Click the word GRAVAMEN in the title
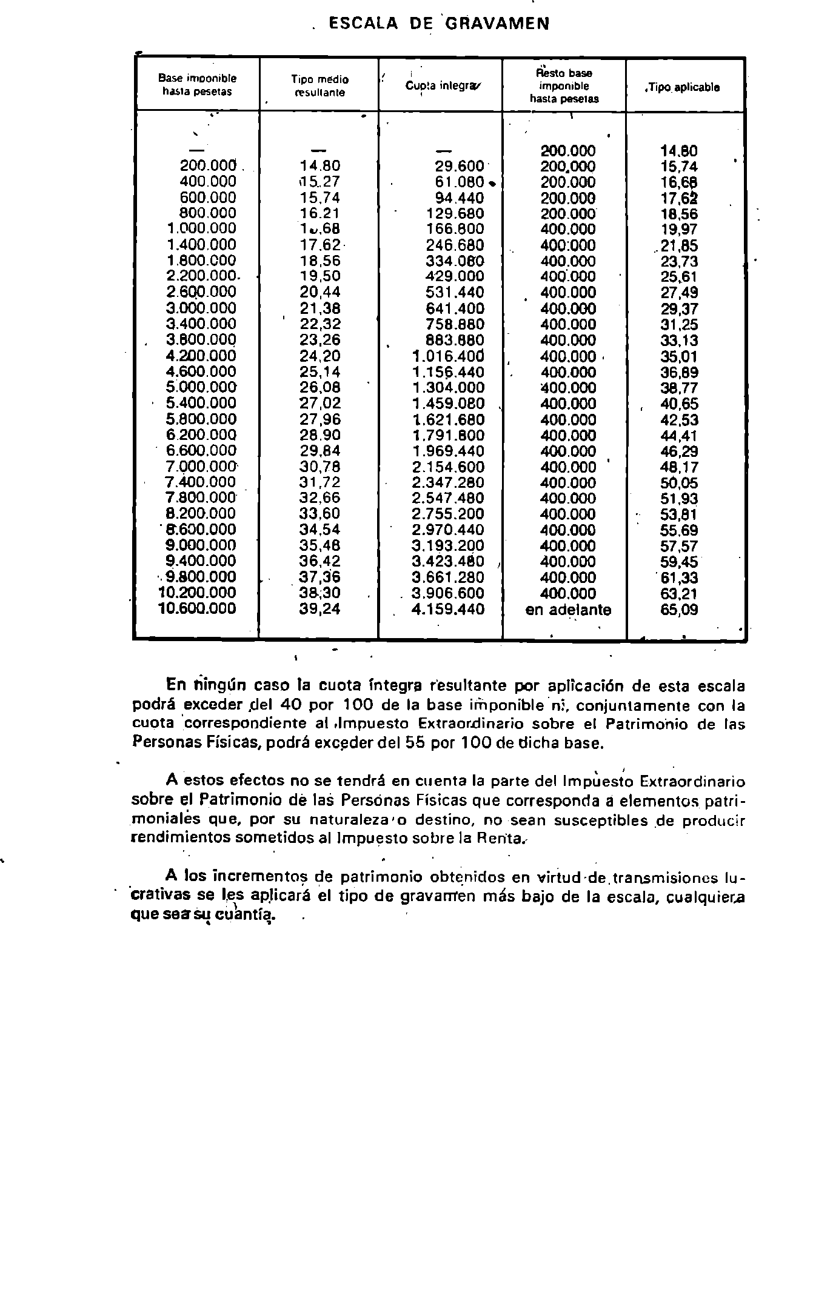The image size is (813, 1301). click(x=498, y=23)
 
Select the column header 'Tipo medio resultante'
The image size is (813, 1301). click(x=320, y=85)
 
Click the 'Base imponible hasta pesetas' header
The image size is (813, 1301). click(x=197, y=85)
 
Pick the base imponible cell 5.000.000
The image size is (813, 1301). click(x=201, y=387)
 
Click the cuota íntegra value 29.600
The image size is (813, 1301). click(x=460, y=166)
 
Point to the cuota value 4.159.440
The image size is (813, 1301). click(x=448, y=609)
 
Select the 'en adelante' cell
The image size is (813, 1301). click(x=568, y=610)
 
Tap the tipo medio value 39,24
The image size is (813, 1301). click(x=320, y=609)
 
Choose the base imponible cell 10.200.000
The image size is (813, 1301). click(x=197, y=593)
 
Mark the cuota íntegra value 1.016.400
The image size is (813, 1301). click(x=448, y=356)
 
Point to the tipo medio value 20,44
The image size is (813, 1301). click(x=320, y=293)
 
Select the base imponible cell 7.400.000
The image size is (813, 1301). click(x=201, y=482)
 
